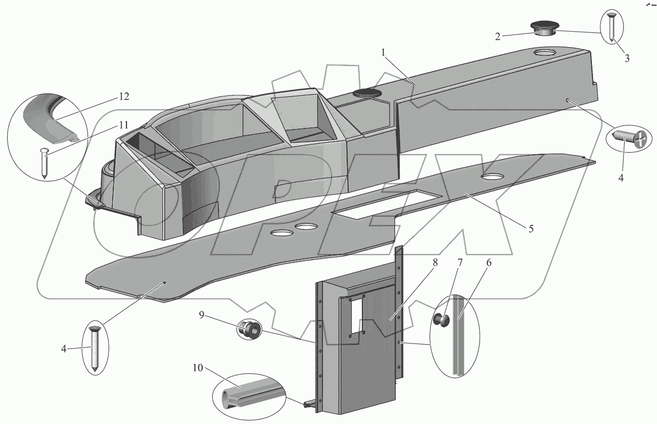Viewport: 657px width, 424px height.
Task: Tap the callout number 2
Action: (x=498, y=37)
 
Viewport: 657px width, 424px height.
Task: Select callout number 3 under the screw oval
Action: (x=627, y=57)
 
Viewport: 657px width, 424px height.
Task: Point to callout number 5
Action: (x=531, y=228)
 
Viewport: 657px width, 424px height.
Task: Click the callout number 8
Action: (x=435, y=263)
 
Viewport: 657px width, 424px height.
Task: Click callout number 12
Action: (x=123, y=97)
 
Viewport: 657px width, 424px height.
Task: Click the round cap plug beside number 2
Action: (x=543, y=28)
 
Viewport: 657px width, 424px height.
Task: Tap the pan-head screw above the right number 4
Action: (x=630, y=136)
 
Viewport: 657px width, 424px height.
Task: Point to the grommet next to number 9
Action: (x=250, y=330)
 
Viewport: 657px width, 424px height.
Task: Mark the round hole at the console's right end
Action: (x=545, y=53)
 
